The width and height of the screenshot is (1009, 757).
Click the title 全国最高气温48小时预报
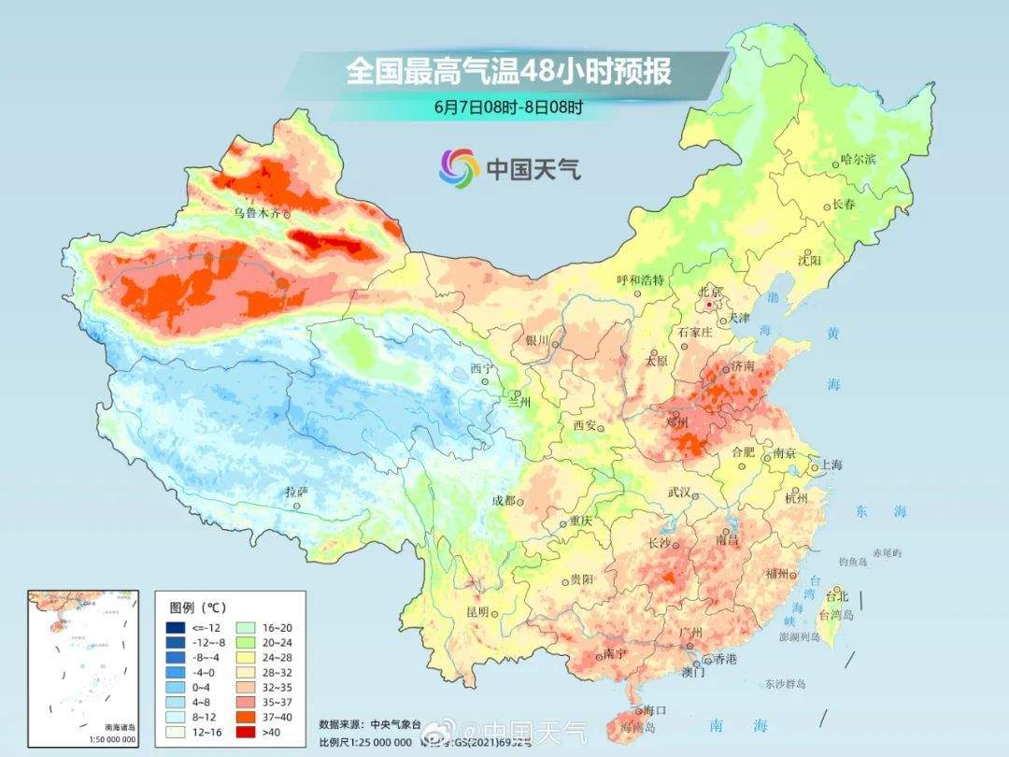point(508,71)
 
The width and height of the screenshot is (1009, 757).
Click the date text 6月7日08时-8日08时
point(508,107)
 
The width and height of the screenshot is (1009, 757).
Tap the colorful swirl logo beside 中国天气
point(459,167)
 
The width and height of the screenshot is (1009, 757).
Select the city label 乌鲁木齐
point(257,213)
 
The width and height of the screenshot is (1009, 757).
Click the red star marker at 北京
point(710,305)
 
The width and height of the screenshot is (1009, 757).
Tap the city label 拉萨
point(296,492)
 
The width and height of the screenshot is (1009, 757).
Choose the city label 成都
point(503,500)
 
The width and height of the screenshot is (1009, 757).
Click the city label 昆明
point(477,611)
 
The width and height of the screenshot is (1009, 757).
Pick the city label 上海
point(831,465)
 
